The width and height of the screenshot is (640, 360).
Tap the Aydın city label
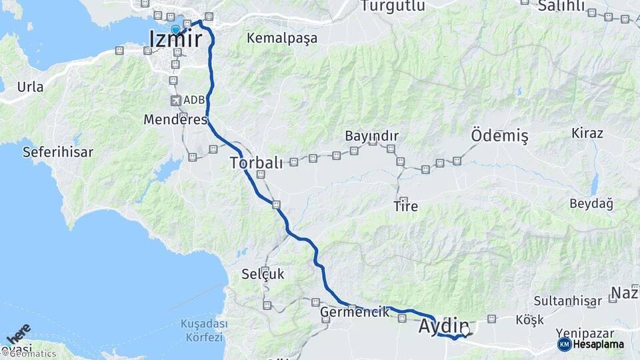(443, 327)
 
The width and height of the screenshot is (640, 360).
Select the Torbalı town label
(257, 162)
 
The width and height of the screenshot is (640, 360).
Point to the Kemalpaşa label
(282, 38)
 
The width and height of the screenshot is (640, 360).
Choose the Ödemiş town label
(499, 136)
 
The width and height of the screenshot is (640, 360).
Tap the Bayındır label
(371, 136)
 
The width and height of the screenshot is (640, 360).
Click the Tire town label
(405, 206)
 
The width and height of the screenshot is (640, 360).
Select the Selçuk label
(263, 273)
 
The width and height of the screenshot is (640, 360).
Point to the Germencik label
(355, 312)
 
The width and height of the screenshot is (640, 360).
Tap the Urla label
(30, 87)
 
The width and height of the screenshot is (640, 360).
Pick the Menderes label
(175, 121)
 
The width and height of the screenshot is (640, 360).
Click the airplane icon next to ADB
(175, 101)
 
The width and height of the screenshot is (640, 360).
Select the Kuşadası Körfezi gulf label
(203, 330)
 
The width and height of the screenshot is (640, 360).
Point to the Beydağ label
(591, 203)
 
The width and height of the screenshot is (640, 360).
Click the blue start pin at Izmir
(175, 29)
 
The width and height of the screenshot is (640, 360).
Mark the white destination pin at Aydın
(465, 329)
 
